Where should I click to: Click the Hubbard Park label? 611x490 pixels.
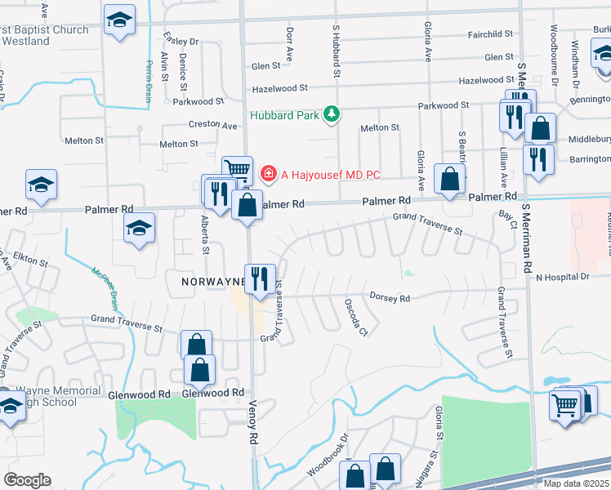click(284, 115)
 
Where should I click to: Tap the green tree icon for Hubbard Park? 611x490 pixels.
click(331, 114)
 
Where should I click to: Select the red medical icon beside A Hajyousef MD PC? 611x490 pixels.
click(267, 174)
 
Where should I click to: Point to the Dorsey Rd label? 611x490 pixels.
click(389, 298)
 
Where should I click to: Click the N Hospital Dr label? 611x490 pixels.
click(561, 277)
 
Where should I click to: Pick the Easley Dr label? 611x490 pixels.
click(181, 41)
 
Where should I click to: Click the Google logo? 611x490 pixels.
click(27, 480)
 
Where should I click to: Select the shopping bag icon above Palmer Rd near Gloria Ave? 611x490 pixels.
click(449, 179)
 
